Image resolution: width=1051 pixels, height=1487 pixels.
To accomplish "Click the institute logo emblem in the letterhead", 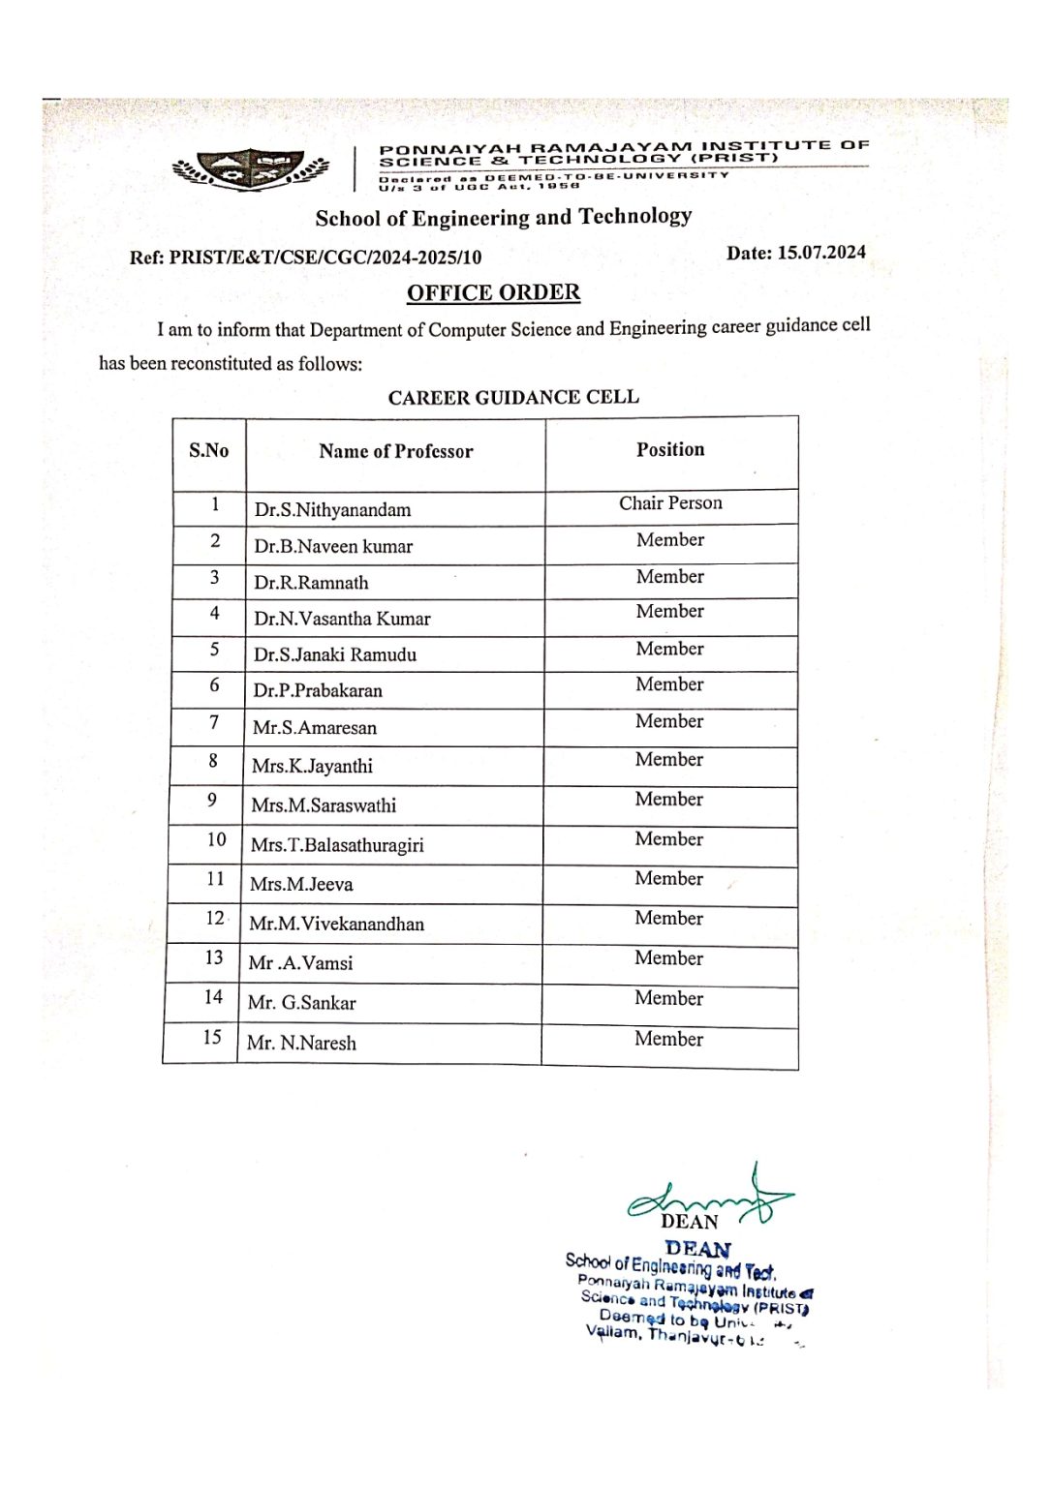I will click(250, 168).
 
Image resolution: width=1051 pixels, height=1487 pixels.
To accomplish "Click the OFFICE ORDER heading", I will click(493, 292).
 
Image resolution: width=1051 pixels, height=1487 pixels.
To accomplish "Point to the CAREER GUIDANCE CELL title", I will click(513, 397).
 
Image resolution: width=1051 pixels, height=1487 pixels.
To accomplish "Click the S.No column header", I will click(208, 450).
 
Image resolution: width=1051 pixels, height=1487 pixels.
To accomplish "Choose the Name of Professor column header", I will click(395, 451).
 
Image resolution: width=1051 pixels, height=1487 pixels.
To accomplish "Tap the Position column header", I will click(670, 449).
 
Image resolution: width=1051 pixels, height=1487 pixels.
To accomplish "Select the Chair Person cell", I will click(670, 503).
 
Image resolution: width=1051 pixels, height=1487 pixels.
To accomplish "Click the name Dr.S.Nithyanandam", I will click(332, 510).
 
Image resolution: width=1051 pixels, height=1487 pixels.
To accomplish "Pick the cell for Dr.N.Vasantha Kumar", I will click(342, 619).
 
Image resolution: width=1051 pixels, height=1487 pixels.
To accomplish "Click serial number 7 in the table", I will click(214, 722).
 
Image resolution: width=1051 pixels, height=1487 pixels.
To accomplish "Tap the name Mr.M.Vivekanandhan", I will click(336, 924).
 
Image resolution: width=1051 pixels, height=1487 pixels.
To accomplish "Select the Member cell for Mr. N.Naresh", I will click(668, 1039).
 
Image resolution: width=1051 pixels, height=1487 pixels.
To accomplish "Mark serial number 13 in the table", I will click(213, 957).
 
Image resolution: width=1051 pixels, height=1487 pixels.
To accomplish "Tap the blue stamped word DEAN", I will click(697, 1249).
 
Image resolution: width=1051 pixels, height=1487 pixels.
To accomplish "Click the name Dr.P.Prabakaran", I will click(318, 690).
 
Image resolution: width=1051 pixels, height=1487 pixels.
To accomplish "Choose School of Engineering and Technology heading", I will click(504, 217).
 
